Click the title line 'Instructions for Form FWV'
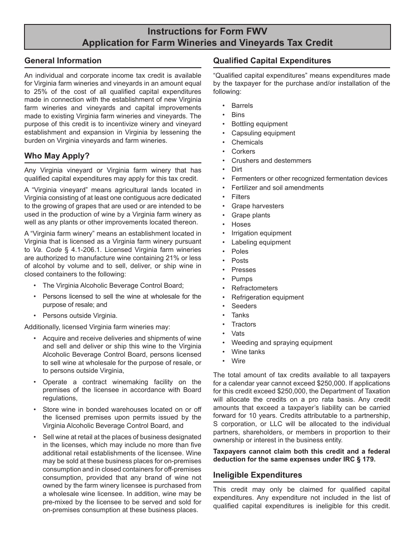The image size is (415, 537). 207,31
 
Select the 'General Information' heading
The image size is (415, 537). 63,61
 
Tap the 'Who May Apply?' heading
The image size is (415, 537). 57,156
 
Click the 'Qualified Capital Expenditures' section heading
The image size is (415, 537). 272,61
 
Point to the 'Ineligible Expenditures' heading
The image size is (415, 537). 257,475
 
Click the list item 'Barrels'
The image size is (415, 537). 242,106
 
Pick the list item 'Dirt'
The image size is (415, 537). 236,169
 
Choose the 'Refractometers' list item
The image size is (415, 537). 254,288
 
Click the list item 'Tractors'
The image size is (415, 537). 243,324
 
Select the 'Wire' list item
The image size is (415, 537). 238,361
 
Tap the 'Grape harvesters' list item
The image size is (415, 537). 257,206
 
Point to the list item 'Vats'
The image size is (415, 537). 238,334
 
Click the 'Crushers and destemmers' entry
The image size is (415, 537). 271,161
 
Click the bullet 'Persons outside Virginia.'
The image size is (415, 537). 80,316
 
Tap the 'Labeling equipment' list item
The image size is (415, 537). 261,242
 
